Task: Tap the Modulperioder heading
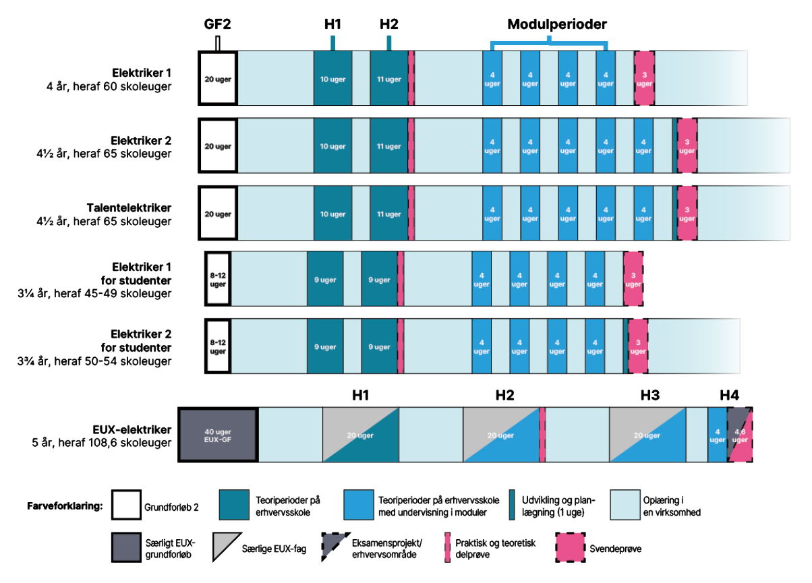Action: tap(557, 24)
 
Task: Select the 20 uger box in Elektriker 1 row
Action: tap(217, 78)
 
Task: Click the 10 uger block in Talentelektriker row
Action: tap(332, 214)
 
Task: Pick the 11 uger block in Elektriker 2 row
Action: tap(388, 146)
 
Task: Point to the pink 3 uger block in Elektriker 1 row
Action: tap(644, 78)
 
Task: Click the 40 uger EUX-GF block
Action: tap(217, 435)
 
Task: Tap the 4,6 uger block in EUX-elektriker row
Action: tap(740, 435)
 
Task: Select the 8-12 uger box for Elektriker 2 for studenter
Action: tap(218, 347)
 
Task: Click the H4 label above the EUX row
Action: tap(729, 396)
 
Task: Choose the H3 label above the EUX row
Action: tap(649, 396)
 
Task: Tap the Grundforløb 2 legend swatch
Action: tap(126, 505)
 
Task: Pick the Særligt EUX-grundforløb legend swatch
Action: tap(126, 547)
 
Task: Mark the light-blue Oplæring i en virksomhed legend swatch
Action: tap(627, 505)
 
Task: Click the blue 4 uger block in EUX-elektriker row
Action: tap(717, 435)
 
